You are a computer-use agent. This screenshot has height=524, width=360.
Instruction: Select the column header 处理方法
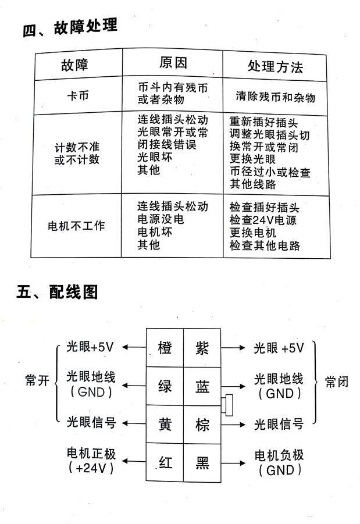[x=275, y=66]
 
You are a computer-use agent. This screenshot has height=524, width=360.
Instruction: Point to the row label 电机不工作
[x=76, y=226]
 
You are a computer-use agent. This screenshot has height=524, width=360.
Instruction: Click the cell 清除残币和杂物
[x=275, y=97]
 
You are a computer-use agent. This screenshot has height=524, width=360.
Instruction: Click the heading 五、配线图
[x=57, y=291]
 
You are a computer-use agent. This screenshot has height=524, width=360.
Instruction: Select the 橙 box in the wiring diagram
[x=165, y=348]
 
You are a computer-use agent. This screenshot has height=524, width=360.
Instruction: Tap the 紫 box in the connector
[x=202, y=348]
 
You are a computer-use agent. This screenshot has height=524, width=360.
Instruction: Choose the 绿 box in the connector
[x=165, y=386]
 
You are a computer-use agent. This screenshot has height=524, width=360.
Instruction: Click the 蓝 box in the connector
[x=202, y=386]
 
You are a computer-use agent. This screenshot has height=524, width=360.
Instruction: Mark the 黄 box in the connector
[x=165, y=425]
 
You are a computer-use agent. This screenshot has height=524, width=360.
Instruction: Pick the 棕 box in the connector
[x=202, y=425]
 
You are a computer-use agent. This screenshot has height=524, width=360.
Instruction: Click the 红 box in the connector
[x=165, y=462]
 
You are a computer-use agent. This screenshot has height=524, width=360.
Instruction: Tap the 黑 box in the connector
[x=202, y=462]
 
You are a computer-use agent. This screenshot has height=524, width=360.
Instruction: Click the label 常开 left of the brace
[x=37, y=381]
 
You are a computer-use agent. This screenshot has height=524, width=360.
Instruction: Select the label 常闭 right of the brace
[x=336, y=382]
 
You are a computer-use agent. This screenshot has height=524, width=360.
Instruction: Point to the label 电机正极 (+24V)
[x=92, y=460]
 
